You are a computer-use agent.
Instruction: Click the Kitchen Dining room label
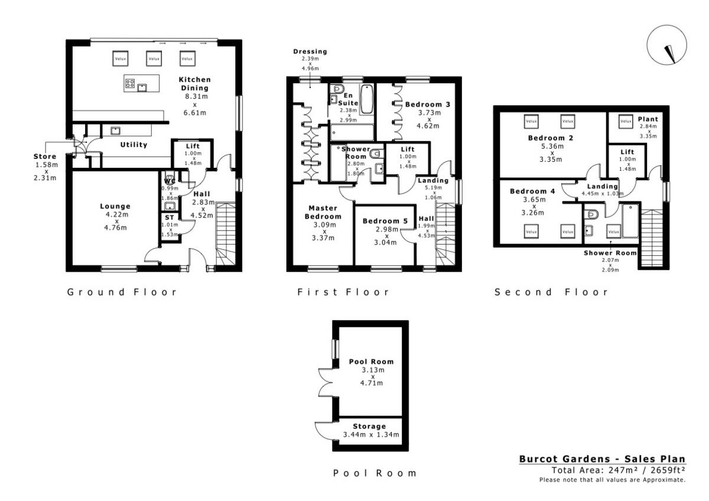194,84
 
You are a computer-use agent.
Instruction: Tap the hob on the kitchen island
130,84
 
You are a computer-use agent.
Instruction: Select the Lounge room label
115,207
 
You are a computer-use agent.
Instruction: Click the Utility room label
134,145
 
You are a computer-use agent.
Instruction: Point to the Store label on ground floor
45,157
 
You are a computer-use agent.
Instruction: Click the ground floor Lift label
193,146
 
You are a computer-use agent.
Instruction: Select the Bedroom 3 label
428,105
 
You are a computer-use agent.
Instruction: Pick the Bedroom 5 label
385,222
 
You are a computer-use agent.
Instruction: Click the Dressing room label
310,52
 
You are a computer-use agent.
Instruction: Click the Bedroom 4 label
532,191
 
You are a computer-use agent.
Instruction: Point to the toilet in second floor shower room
592,213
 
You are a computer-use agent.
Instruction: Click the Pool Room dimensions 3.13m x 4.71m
371,376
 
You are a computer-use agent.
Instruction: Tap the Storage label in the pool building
369,426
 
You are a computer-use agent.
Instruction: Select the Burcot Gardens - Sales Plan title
602,459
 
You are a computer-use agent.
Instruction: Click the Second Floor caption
551,292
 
